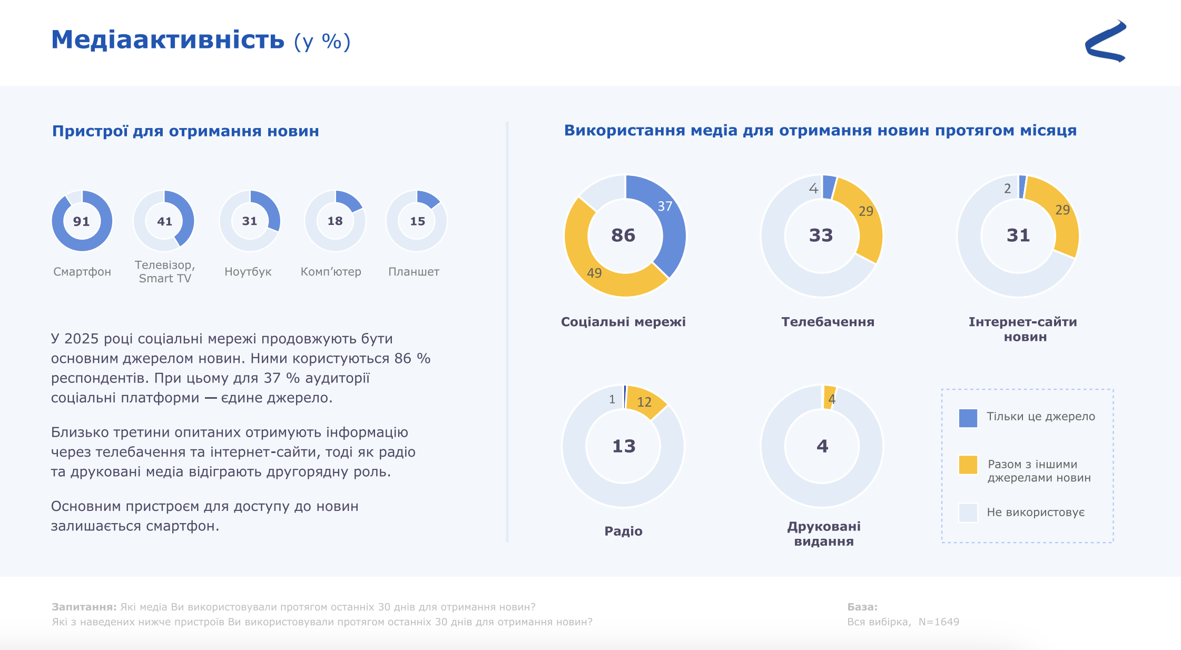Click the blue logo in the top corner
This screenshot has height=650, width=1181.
click(x=1106, y=42)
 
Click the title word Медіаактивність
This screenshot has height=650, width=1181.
click(x=168, y=40)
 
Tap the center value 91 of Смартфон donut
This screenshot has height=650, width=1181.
click(x=82, y=221)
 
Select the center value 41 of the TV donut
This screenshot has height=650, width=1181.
click(x=164, y=221)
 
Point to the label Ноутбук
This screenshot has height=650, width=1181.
click(x=248, y=272)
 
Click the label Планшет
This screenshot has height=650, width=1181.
click(x=414, y=272)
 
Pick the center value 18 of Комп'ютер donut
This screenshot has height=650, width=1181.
click(x=335, y=221)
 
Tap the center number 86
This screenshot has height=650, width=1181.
click(x=623, y=235)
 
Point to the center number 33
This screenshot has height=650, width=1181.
click(x=821, y=235)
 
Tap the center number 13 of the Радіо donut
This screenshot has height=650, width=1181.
click(x=624, y=447)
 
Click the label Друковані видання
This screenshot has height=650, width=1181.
click(x=824, y=534)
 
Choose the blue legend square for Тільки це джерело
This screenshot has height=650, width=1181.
click(x=968, y=418)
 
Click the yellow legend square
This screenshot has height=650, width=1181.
click(x=968, y=465)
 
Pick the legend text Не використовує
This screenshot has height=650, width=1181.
click(x=1036, y=513)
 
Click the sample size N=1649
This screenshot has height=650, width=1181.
click(x=939, y=622)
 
